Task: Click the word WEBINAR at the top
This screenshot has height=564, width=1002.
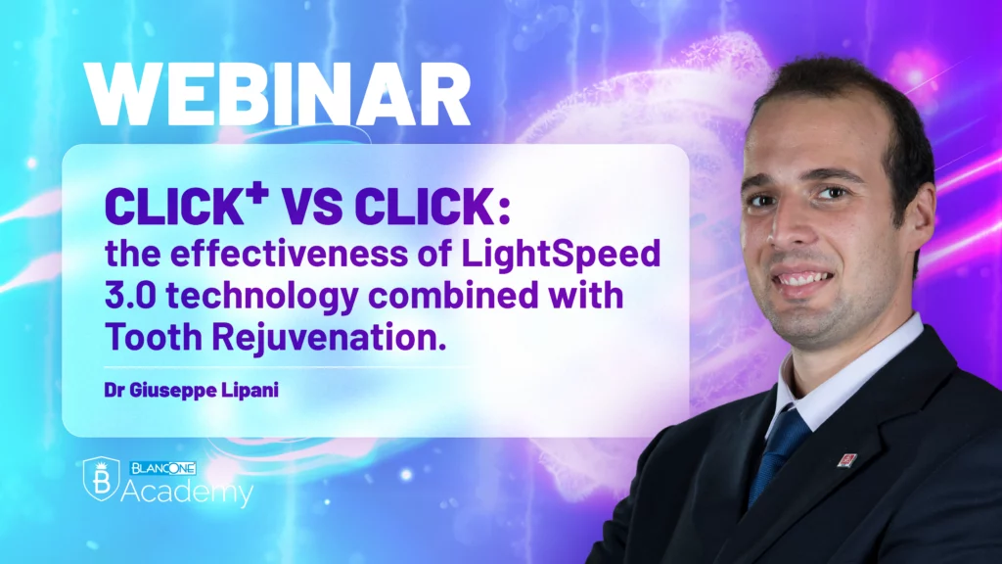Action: [x=277, y=95]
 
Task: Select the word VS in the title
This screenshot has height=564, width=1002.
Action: [x=312, y=207]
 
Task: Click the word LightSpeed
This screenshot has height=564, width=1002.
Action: [x=561, y=254]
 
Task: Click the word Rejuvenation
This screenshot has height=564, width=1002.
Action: [x=329, y=338]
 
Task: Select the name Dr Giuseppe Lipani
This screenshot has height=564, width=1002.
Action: [x=191, y=390]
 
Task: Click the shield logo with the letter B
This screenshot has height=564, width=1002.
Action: [x=101, y=478]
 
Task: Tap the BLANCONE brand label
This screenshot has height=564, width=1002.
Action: [x=163, y=468]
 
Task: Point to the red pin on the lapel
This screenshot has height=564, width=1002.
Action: [x=847, y=459]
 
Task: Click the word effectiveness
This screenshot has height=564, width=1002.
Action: [x=289, y=254]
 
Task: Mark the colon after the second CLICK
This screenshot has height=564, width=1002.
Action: [x=504, y=210]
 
